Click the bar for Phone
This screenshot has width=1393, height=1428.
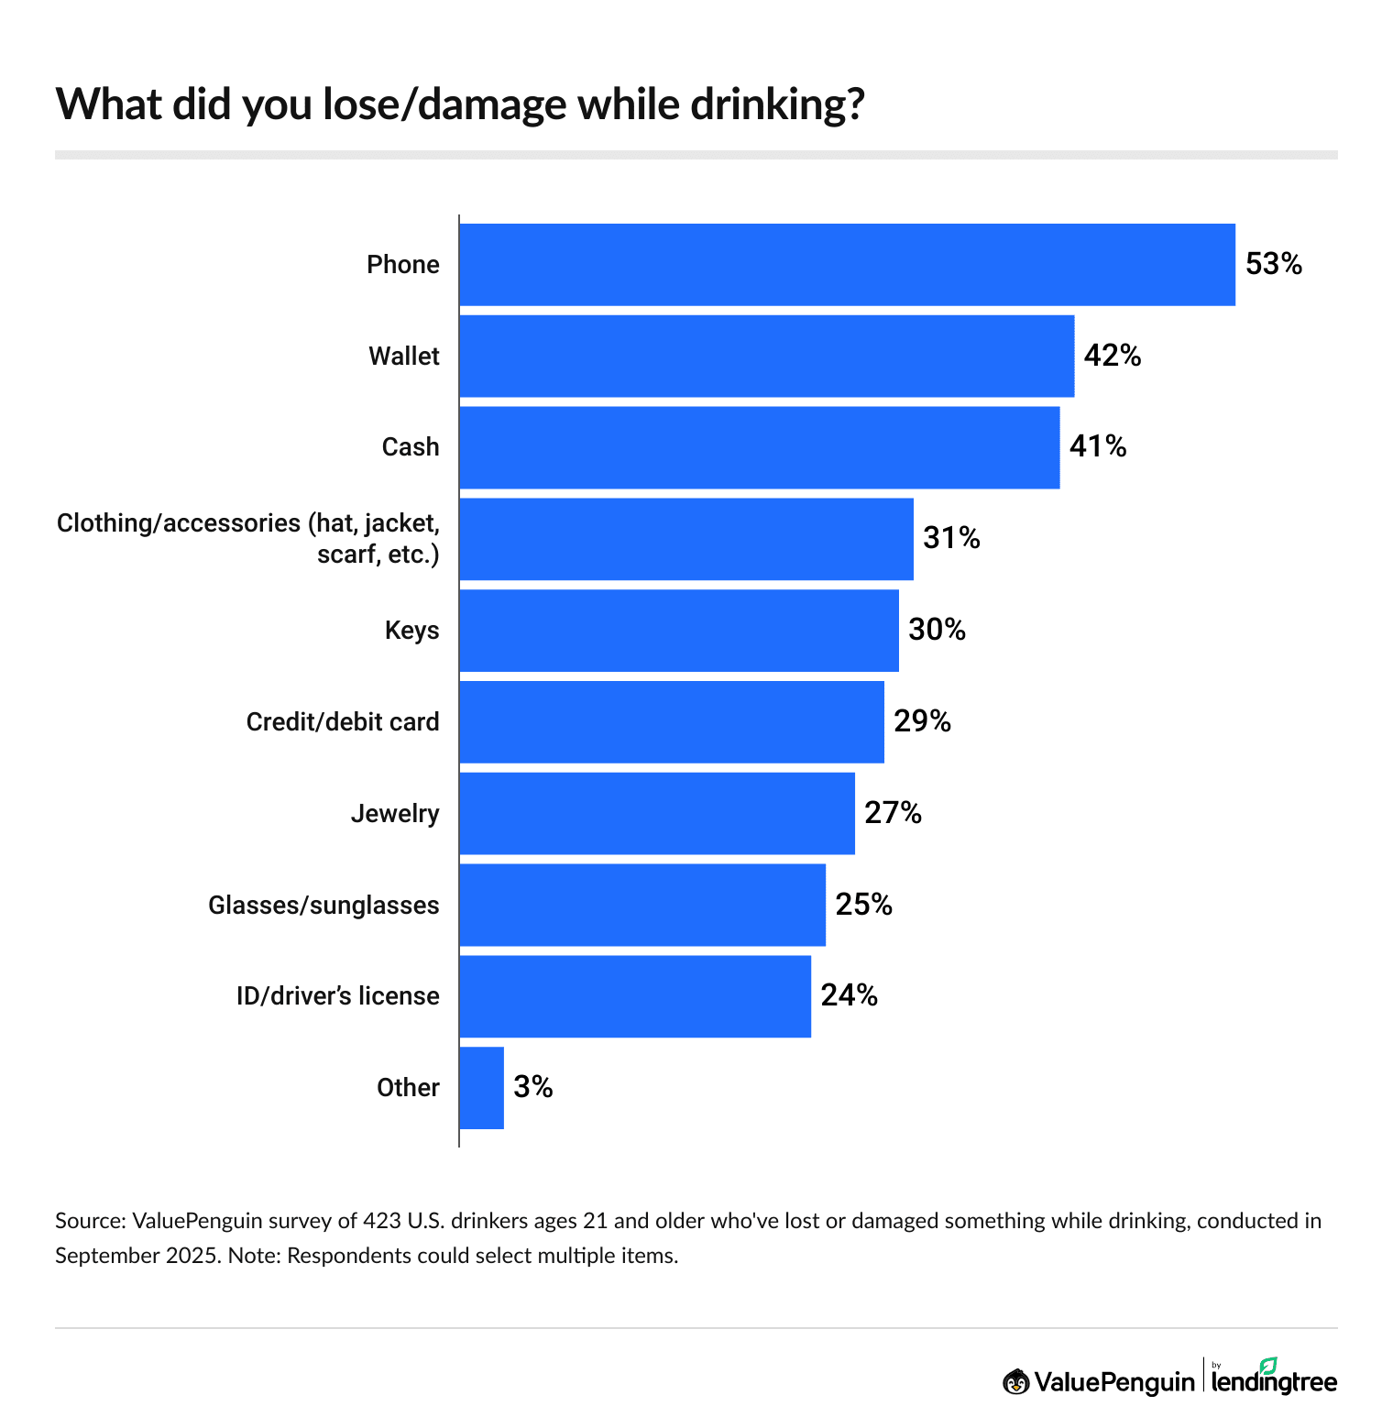click(847, 265)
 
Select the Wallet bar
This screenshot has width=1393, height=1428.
click(766, 357)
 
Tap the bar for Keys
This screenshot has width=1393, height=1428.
click(678, 631)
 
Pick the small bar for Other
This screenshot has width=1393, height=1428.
click(481, 1088)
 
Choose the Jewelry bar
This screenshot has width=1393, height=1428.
click(656, 814)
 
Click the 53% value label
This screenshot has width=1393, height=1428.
click(1273, 265)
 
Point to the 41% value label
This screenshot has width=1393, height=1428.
click(1097, 447)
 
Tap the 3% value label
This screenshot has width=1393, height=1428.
click(532, 1088)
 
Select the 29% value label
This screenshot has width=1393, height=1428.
click(922, 722)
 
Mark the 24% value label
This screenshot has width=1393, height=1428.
click(849, 996)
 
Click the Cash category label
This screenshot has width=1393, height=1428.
click(410, 447)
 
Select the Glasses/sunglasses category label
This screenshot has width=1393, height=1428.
click(324, 906)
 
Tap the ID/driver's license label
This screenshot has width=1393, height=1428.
click(337, 996)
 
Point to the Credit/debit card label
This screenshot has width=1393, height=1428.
click(343, 722)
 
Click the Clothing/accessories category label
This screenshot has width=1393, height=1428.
click(248, 539)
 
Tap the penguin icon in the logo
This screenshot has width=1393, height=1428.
click(1015, 1381)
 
